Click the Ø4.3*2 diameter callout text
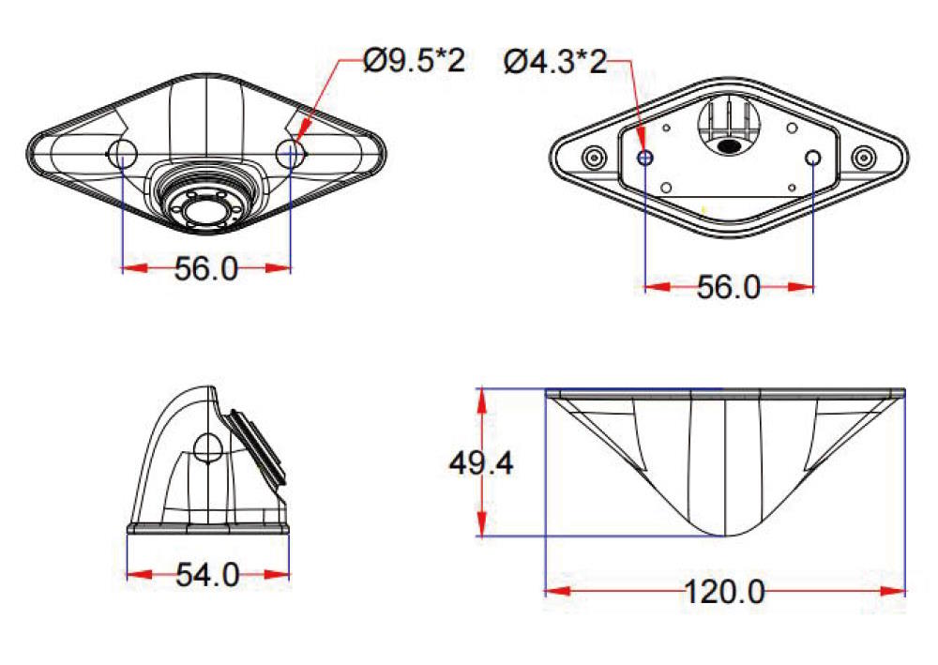[x=555, y=62]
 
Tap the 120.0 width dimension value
[x=724, y=592]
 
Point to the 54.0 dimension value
[x=207, y=575]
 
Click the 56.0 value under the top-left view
[x=207, y=269]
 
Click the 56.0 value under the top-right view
[x=729, y=288]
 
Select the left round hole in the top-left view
[x=124, y=154]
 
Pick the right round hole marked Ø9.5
[x=292, y=153]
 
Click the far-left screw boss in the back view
[x=593, y=156]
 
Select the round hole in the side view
[x=207, y=446]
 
